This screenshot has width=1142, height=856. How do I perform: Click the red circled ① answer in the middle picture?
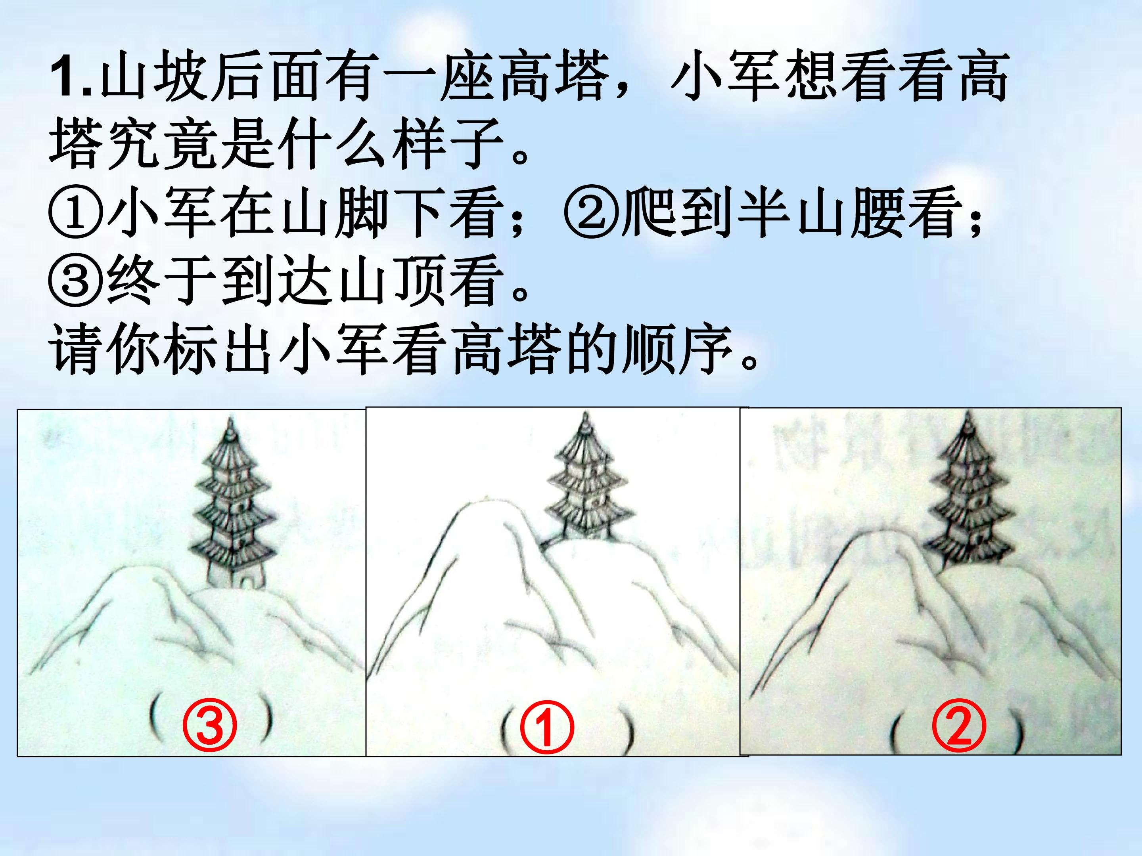tap(547, 726)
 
